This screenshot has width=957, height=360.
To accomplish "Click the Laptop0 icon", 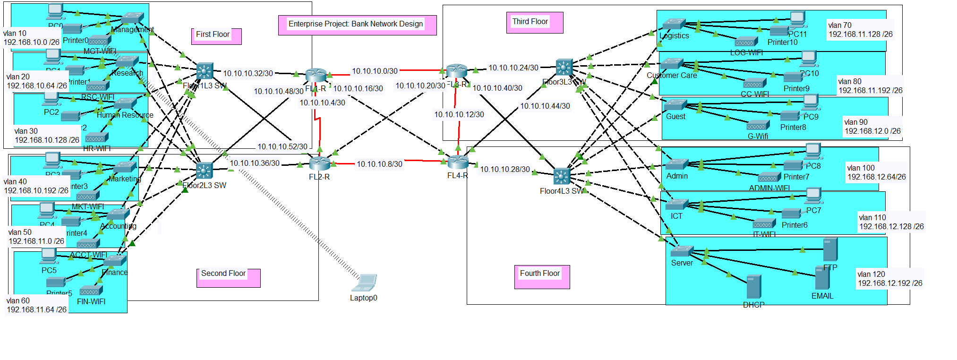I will click(364, 283).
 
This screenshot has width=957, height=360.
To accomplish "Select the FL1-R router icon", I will click(316, 75).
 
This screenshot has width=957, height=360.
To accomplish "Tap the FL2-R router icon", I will click(320, 163).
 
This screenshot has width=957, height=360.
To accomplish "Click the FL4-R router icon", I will click(457, 162).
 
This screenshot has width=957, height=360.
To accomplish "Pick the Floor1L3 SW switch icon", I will click(205, 71).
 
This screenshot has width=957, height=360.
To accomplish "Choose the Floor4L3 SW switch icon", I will click(562, 177).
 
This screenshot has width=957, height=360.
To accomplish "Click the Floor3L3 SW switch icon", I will click(564, 67).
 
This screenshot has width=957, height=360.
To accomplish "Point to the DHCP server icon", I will click(753, 287).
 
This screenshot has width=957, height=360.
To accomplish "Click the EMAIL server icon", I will click(822, 278).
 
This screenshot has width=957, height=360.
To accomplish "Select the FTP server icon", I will click(830, 249).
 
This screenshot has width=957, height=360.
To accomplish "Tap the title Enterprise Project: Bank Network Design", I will click(356, 24).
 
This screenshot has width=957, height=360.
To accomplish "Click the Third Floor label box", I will click(534, 22).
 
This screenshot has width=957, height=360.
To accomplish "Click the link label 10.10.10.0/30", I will click(375, 71).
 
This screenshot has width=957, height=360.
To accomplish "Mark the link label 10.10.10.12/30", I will click(459, 114).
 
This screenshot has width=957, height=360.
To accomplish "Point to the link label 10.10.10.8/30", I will click(379, 164).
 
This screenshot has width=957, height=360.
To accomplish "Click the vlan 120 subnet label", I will click(889, 279).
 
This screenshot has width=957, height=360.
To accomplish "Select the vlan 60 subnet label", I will click(36, 305).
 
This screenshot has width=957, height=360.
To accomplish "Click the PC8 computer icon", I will click(812, 151).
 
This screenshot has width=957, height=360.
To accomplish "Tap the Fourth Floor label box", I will click(541, 276).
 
